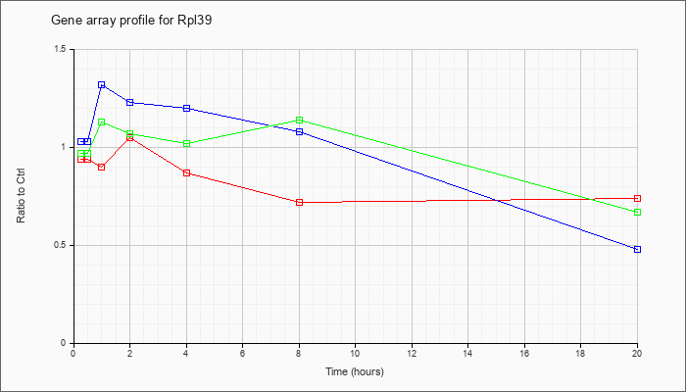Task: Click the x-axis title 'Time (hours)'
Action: [x=355, y=372]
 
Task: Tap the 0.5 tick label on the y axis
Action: [x=60, y=246]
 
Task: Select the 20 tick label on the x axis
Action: [x=637, y=354]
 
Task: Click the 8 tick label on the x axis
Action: [x=299, y=354]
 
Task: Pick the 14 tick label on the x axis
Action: [x=468, y=354]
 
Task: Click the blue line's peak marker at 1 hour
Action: [x=101, y=85]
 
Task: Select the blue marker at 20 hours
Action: [x=637, y=250]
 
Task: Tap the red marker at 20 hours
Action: [x=637, y=199]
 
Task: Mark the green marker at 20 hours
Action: [x=637, y=213]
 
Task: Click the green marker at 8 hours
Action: [x=299, y=121]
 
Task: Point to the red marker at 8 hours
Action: [x=299, y=203]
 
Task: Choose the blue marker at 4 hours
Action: [x=186, y=109]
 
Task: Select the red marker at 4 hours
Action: [x=186, y=173]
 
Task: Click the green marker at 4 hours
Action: [x=186, y=144]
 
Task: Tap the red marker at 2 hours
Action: [x=129, y=138]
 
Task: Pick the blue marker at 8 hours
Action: [x=299, y=132]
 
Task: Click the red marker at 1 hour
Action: [x=101, y=168]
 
